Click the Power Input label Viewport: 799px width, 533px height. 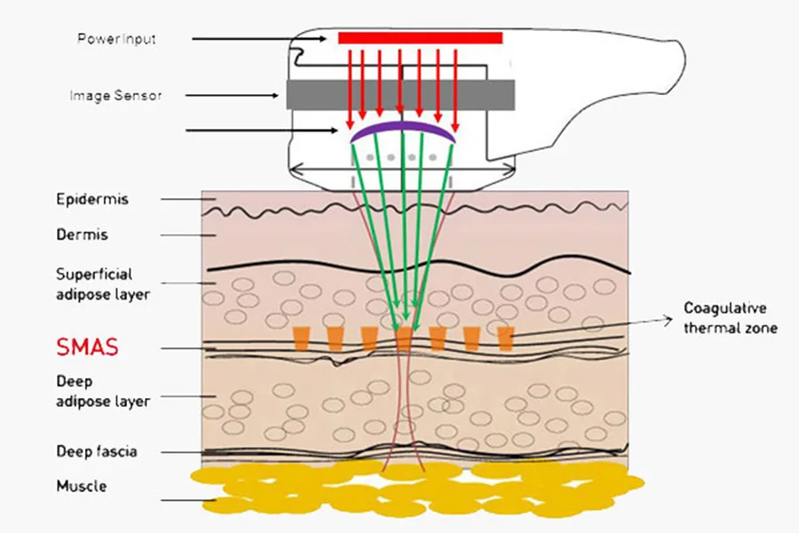[x=117, y=39]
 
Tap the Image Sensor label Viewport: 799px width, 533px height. [x=115, y=95]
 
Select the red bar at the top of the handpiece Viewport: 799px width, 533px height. [x=420, y=37]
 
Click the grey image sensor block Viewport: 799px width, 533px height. [x=400, y=94]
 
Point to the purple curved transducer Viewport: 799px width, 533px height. [x=403, y=130]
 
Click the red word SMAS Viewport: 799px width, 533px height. [x=87, y=347]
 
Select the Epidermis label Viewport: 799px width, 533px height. [x=92, y=199]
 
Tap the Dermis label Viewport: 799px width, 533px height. [x=82, y=235]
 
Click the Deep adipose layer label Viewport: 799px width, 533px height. [x=103, y=392]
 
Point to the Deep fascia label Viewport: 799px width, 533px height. [x=97, y=451]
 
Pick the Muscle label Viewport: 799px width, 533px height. [x=82, y=487]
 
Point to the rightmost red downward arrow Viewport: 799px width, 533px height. [x=455, y=89]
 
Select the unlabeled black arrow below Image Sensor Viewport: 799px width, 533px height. [x=266, y=131]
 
